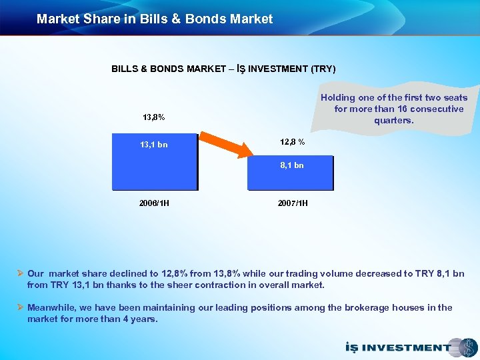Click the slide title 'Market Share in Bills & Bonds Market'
point(155,19)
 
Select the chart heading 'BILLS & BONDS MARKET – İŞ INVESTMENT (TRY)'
point(223,69)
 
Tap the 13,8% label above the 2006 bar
point(154,117)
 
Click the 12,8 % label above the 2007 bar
point(293,141)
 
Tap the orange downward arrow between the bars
point(223,147)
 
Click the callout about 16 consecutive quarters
point(399,109)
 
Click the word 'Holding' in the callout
point(337,97)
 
